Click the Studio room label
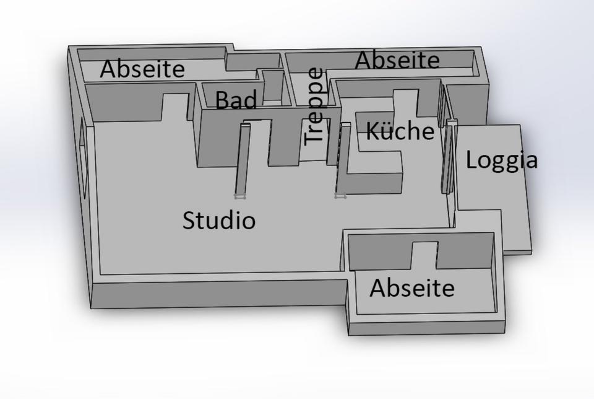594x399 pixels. tap(219, 221)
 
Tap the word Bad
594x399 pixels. tap(236, 100)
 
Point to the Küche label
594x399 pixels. tap(400, 131)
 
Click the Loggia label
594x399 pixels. tap(501, 160)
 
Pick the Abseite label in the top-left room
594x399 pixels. tap(142, 69)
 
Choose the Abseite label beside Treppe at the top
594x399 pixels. tap(397, 61)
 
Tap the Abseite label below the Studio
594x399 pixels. tap(412, 288)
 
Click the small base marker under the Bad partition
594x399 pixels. tap(239, 196)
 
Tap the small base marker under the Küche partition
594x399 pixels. tap(340, 196)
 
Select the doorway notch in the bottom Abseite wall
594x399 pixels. tap(424, 254)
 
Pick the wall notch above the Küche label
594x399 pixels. tap(405, 102)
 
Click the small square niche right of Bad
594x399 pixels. tap(272, 87)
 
